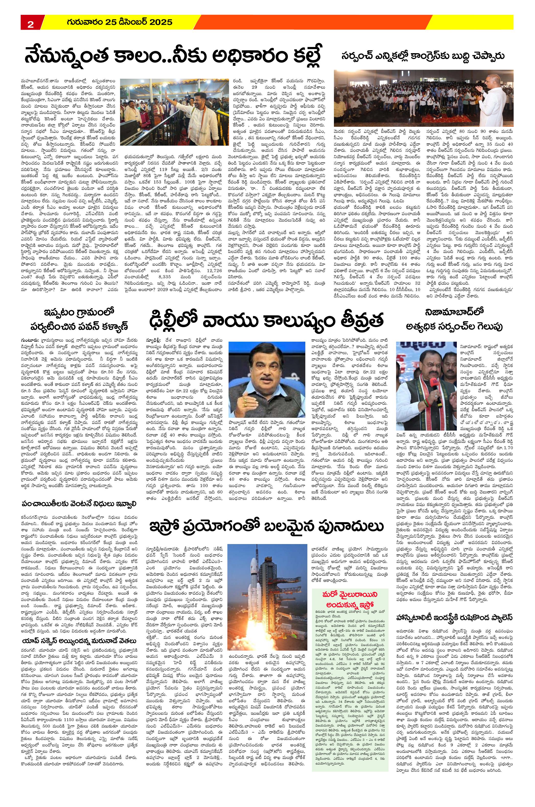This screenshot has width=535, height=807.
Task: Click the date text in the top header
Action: pyautogui.click(x=119, y=22)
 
